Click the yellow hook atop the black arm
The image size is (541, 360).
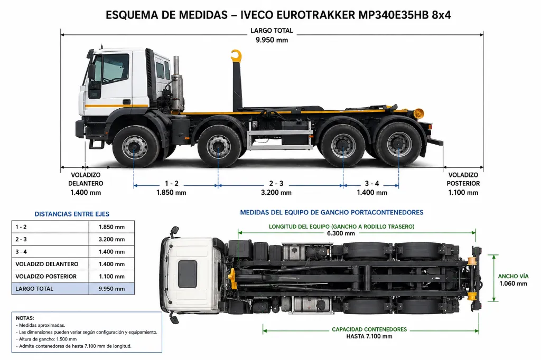coord(237,56)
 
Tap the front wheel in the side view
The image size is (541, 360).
coord(135,147)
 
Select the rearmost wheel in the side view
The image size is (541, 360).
coord(399,145)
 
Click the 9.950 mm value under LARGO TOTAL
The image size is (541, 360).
coord(272,40)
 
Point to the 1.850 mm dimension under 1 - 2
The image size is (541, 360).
coord(172,193)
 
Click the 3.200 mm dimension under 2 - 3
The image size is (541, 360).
coord(276,193)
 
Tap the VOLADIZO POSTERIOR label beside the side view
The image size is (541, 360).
coord(463,179)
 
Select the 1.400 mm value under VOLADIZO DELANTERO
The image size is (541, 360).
coord(86,193)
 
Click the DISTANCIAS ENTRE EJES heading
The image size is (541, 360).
coord(72,214)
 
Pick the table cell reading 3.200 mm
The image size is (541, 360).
coord(111,239)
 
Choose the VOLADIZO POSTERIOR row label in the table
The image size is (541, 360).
coord(46,276)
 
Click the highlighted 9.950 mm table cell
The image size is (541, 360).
coord(111,289)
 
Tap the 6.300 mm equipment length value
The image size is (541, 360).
coord(341,233)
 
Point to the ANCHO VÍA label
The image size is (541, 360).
coord(513,276)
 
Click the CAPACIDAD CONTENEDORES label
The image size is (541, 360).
coord(369,329)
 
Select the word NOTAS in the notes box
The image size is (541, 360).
coord(25,318)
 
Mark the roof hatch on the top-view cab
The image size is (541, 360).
coord(188,274)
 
